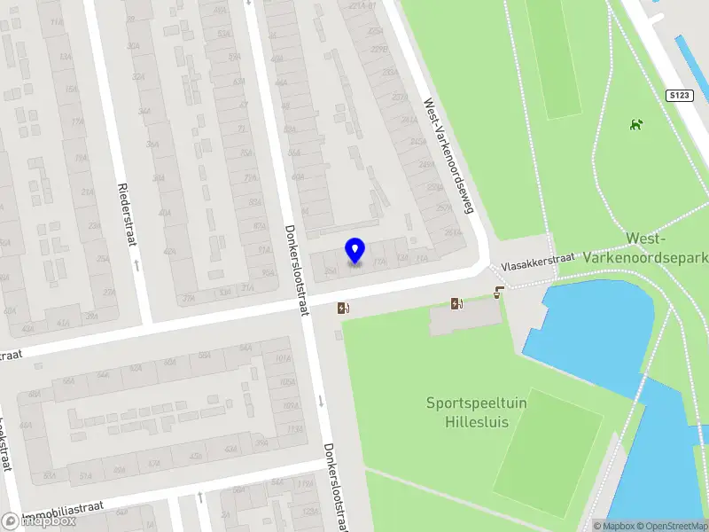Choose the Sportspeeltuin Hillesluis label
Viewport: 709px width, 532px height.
[x=468, y=412]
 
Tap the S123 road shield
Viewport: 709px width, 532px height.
[x=678, y=94]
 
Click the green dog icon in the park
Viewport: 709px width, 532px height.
[x=635, y=124]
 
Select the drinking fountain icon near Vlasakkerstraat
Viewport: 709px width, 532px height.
[x=500, y=292]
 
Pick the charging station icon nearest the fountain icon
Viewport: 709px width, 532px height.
[x=457, y=304]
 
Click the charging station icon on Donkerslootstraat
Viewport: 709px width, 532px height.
[x=343, y=309]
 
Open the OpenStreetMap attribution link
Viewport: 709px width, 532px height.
[x=674, y=526]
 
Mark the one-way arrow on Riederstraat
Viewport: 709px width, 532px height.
[x=136, y=264]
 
